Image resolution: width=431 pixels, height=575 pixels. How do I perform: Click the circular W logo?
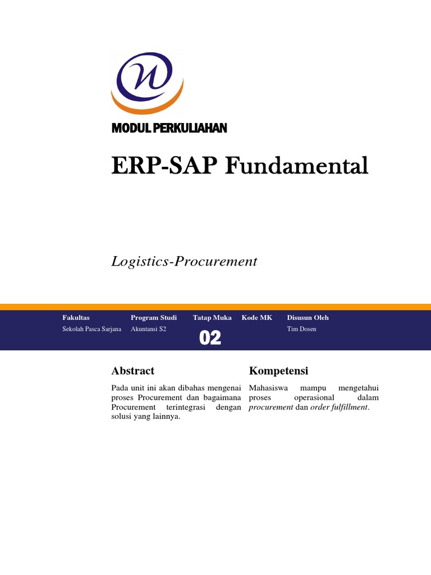tap(148, 81)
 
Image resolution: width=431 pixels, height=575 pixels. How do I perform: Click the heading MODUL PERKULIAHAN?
tap(169, 129)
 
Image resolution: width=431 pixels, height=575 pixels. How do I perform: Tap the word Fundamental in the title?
tap(297, 166)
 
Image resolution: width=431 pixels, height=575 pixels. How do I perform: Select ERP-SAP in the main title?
tap(166, 166)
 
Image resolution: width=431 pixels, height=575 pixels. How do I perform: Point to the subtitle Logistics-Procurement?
tap(184, 261)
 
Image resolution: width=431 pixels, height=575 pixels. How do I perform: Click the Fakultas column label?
tap(76, 318)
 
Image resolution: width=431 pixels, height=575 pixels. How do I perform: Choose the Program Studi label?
tap(154, 318)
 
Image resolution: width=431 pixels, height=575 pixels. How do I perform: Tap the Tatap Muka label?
tap(212, 318)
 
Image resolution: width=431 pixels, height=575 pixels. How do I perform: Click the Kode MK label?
tap(257, 318)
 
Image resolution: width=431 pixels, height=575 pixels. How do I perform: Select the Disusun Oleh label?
tap(308, 318)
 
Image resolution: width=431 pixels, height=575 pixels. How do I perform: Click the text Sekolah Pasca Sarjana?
tap(92, 329)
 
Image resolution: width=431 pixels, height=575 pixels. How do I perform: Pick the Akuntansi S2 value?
tap(149, 329)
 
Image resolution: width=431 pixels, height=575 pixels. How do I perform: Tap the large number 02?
tap(210, 338)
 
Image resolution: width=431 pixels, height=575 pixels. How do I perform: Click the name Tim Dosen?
tap(301, 329)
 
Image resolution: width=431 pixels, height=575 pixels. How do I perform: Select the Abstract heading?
tap(133, 371)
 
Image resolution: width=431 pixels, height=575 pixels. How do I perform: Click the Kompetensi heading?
tap(278, 371)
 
